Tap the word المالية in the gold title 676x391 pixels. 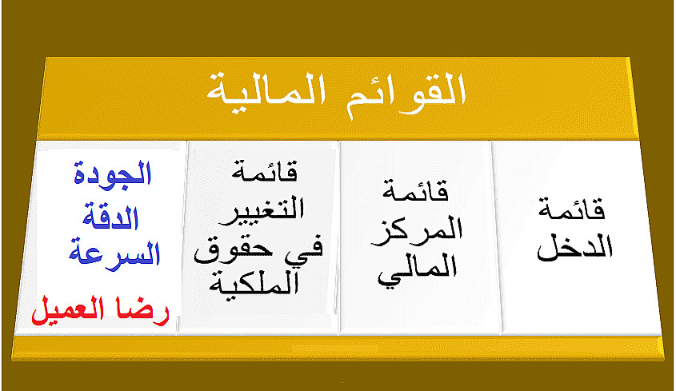tap(266, 91)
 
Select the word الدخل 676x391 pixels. tap(574, 247)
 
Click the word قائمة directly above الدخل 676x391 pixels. tap(572, 210)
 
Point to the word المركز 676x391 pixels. tap(417, 232)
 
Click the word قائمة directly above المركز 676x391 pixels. tap(416, 191)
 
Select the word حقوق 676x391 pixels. tap(234, 250)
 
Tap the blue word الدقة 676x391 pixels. tap(110, 216)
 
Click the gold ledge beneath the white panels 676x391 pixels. tap(338, 348)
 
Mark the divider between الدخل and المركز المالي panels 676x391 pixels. tap(496, 237)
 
